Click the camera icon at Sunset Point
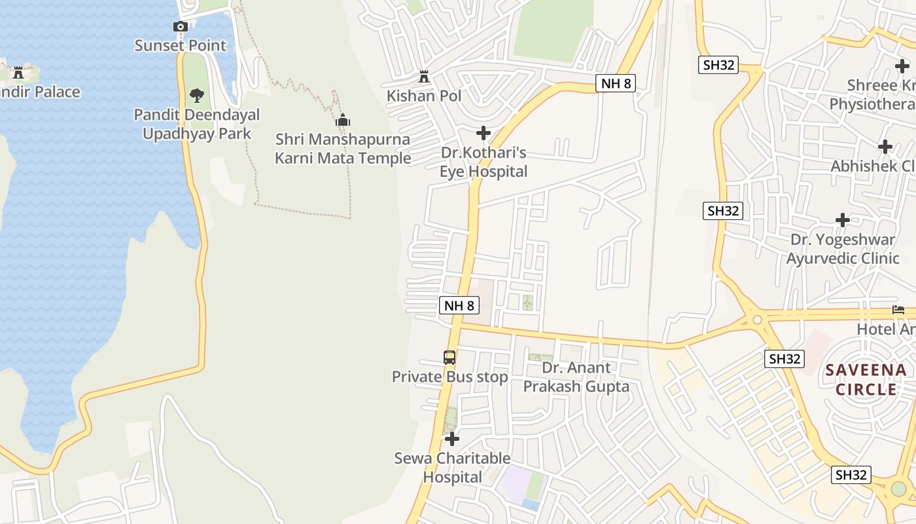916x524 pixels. (181, 27)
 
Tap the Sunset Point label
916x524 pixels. (181, 45)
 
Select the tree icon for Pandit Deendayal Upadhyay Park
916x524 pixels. (197, 96)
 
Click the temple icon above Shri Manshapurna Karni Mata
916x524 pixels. (343, 121)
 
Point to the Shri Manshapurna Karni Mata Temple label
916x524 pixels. (343, 149)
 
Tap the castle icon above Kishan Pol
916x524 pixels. (424, 77)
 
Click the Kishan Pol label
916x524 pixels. (424, 96)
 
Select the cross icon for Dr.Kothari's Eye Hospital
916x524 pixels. (484, 134)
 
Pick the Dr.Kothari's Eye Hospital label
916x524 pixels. (484, 162)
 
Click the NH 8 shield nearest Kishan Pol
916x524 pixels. (616, 83)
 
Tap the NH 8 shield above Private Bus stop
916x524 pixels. (459, 305)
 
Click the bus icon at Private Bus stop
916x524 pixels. (449, 358)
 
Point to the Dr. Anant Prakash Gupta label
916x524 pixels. (576, 377)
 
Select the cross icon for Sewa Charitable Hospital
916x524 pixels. (451, 439)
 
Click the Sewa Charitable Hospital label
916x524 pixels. (452, 468)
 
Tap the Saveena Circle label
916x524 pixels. (866, 380)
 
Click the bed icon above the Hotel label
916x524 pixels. (898, 310)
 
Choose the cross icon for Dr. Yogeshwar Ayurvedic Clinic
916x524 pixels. (843, 220)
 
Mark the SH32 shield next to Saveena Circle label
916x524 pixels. (784, 359)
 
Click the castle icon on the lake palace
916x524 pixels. (18, 72)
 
